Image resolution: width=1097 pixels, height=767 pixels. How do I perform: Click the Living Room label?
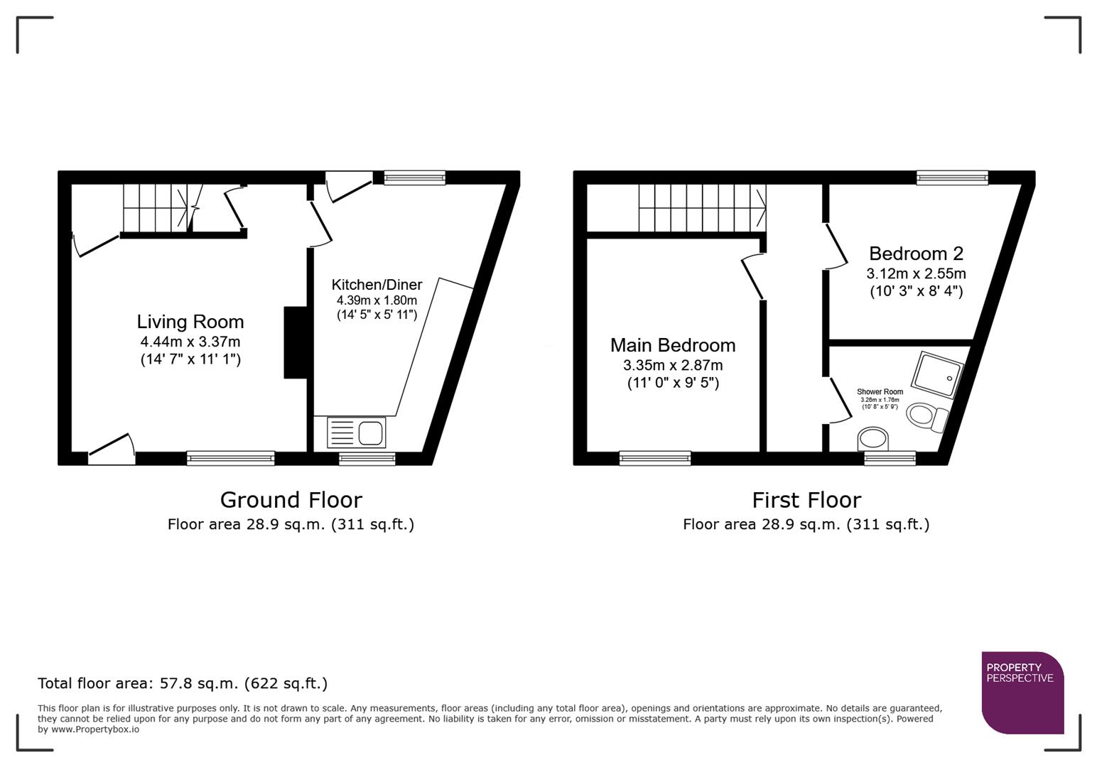190,322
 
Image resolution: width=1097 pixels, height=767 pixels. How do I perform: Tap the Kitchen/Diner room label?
377,285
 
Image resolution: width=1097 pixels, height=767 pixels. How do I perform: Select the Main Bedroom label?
672,345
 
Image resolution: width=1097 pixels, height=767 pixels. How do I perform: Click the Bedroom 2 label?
916,254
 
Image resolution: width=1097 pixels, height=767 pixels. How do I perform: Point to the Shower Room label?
880,392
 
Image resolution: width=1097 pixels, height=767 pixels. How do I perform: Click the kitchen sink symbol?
356,433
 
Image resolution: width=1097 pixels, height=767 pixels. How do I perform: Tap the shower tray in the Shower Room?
938,374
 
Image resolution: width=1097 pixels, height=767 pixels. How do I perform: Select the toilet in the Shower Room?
926,416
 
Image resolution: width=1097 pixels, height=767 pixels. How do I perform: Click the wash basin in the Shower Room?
873,438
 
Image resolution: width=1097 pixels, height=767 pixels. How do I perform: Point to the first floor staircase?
701,208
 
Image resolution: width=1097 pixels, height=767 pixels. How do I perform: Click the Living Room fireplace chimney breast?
296,342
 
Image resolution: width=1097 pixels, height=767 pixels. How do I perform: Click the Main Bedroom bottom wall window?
654,459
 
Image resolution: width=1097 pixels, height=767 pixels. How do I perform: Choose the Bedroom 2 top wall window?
951,178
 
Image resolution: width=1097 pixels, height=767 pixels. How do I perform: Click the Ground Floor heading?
291,500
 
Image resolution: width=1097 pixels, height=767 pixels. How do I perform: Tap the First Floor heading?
806,500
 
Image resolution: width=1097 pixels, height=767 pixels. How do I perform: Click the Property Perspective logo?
1022,692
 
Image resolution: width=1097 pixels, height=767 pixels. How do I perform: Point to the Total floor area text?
183,683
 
